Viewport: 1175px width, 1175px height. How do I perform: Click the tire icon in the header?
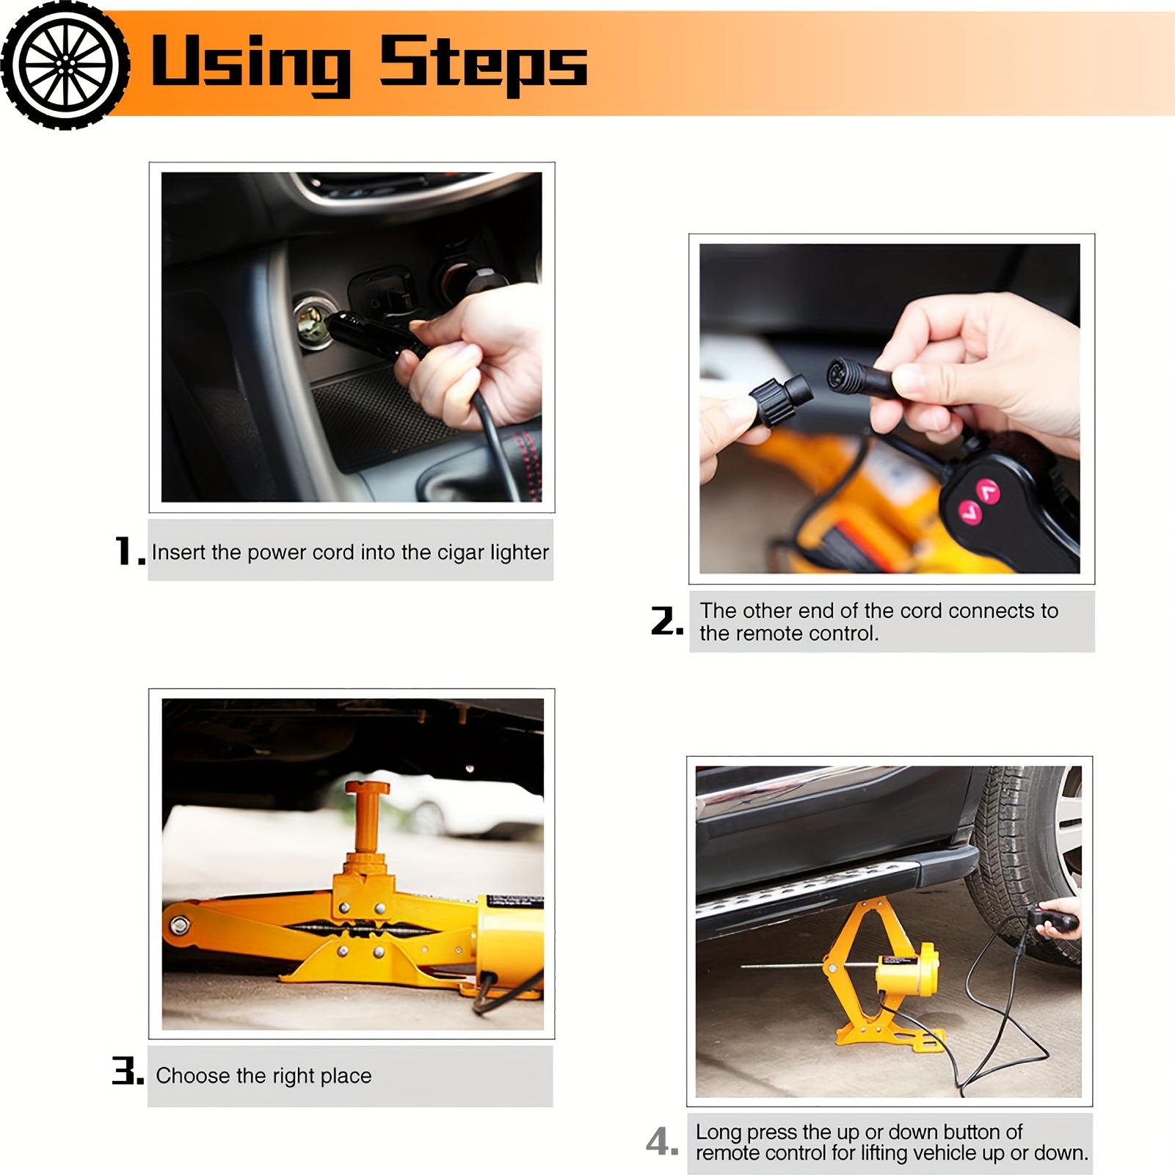(x=65, y=65)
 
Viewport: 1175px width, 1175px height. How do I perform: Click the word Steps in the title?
(x=483, y=64)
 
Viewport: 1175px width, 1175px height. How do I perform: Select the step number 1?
(x=130, y=551)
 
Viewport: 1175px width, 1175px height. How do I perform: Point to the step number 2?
(x=666, y=621)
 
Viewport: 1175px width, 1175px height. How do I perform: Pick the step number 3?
(x=128, y=1071)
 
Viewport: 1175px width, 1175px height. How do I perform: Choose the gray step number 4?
(x=662, y=1142)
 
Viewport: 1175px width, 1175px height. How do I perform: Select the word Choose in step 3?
(x=193, y=1076)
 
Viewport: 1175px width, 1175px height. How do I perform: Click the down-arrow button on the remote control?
(x=971, y=511)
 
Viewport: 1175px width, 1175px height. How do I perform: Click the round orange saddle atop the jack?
(x=367, y=789)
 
